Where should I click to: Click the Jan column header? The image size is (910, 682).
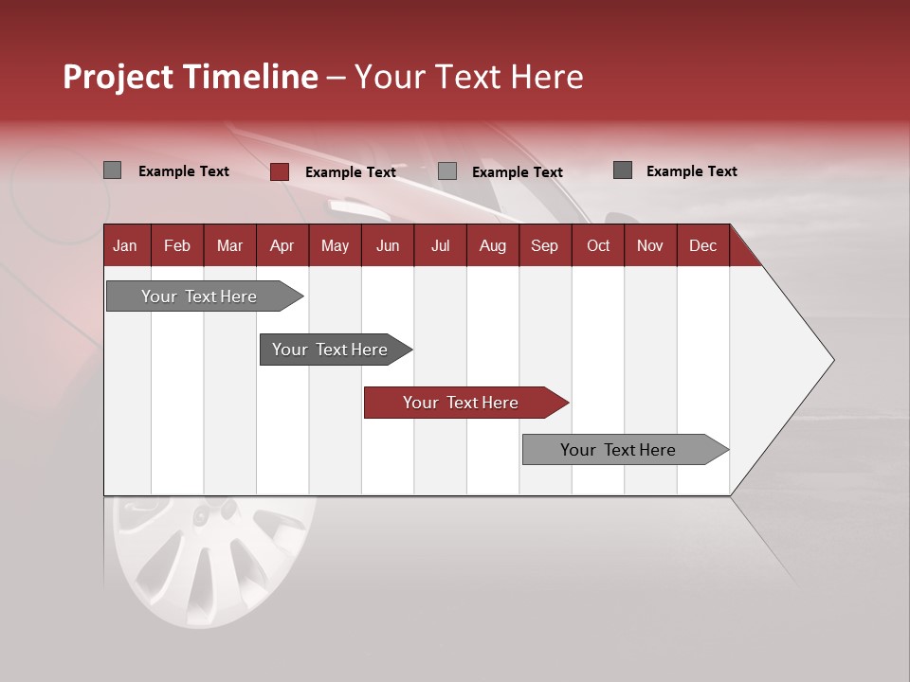pyautogui.click(x=125, y=245)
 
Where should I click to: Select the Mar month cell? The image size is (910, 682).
pyautogui.click(x=229, y=245)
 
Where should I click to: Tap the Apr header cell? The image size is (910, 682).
pyautogui.click(x=282, y=245)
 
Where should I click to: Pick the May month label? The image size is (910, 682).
pyautogui.click(x=335, y=245)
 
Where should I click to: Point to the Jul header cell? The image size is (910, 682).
pyautogui.click(x=440, y=245)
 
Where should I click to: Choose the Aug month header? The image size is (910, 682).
pyautogui.click(x=492, y=245)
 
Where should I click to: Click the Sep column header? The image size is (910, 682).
pyautogui.click(x=544, y=245)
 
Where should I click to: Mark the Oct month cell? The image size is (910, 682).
pyautogui.click(x=598, y=245)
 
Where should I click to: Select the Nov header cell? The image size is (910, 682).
pyautogui.click(x=650, y=245)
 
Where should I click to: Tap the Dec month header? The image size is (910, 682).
pyautogui.click(x=702, y=245)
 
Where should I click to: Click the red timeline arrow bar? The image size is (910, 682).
pyautogui.click(x=464, y=403)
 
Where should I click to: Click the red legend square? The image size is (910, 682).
pyautogui.click(x=280, y=171)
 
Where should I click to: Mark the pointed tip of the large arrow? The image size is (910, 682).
pyautogui.click(x=832, y=360)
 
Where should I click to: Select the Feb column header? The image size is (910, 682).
pyautogui.click(x=177, y=245)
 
